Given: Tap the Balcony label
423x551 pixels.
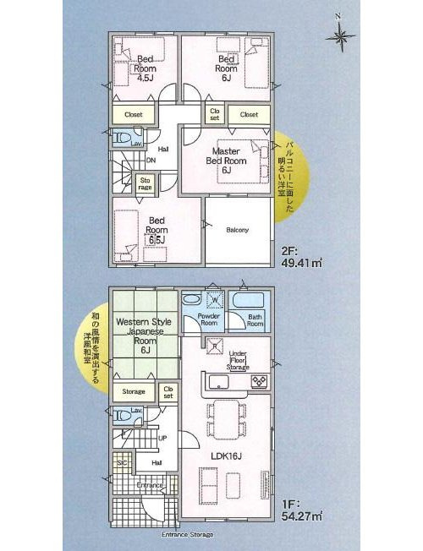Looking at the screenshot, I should pos(237,229).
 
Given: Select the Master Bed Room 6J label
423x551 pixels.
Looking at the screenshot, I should pos(227,161).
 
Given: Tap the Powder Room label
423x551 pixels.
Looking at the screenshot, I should pos(209,319).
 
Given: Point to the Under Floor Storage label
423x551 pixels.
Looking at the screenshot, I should pos(238,361).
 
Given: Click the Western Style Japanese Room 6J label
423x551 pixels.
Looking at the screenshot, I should pos(145,336).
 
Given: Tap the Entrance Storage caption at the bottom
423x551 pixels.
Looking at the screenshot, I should pos(187,535).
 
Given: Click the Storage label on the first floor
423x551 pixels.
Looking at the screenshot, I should pos(134,391).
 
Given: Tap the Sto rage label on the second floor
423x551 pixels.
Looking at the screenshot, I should pos(146,183).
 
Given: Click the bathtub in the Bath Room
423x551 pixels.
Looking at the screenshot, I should pos(248,301).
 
